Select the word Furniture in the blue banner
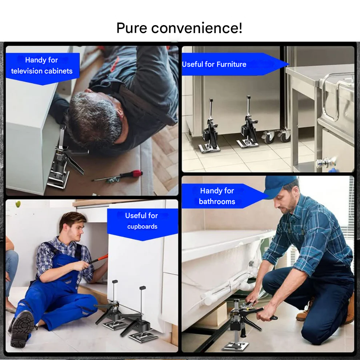point(231,64)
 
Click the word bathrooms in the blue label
point(217,201)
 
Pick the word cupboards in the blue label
point(142,227)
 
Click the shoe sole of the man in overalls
point(21,329)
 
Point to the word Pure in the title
point(132,28)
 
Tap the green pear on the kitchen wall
point(18,204)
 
